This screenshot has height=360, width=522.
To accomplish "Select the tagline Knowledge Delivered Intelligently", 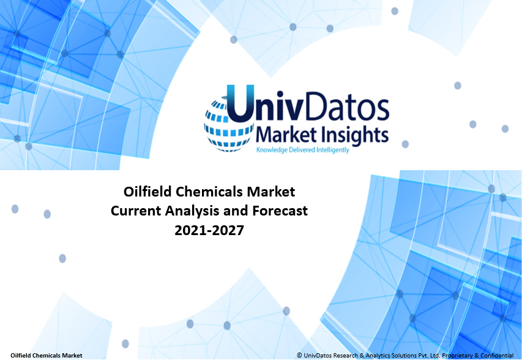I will pos(302,150).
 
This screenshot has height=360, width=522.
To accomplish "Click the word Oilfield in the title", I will pos(147,192).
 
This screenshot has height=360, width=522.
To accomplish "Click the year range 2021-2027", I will pos(208,231).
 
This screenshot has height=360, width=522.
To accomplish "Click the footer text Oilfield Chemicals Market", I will pos(47,355).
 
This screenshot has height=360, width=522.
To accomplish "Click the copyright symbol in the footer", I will pos(299,355).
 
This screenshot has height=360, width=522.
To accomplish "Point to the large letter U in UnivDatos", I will pos(240,105).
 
